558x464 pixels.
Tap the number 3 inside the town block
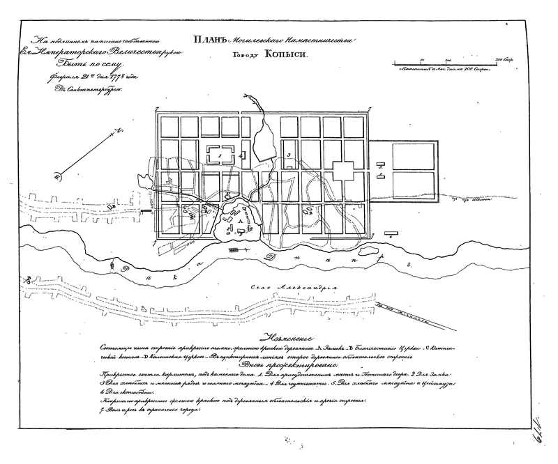point(288,155)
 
